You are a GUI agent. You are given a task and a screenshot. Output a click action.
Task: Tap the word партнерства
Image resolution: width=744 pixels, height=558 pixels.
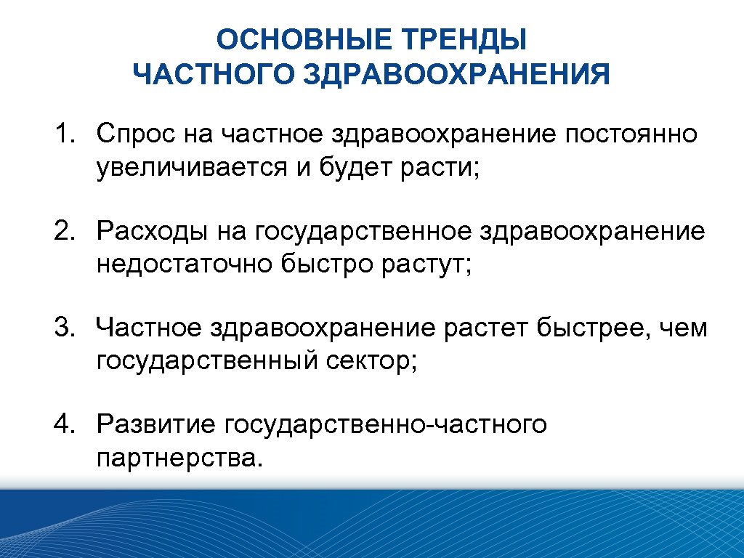[x=177, y=458]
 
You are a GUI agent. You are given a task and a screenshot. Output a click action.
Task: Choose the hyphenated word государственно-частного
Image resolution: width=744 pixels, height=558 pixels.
[x=386, y=424]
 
